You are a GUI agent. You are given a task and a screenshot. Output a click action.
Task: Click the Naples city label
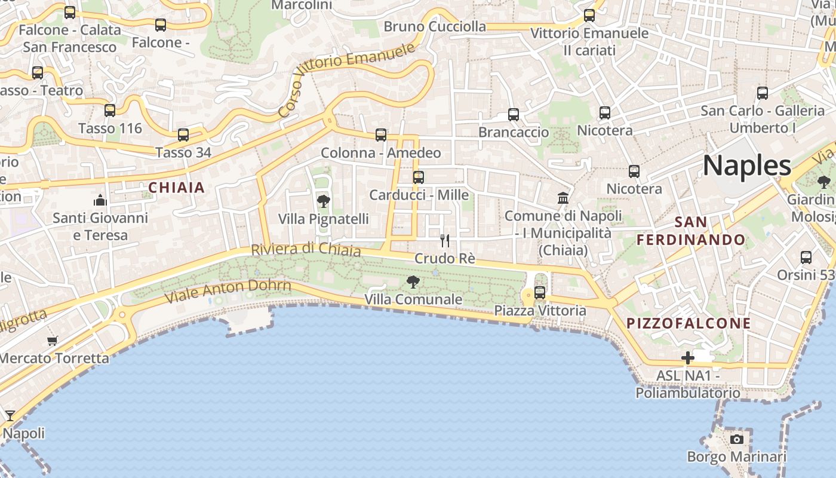746,166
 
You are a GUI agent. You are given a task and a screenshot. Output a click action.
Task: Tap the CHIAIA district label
177,188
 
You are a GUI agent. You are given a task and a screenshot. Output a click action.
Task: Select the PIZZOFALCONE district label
689,323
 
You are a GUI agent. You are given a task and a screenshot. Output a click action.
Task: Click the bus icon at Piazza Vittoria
540,293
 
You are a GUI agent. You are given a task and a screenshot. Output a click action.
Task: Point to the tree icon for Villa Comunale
413,281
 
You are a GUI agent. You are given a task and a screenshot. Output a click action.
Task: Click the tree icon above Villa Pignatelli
324,201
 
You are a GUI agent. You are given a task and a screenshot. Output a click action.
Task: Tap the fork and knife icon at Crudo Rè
445,241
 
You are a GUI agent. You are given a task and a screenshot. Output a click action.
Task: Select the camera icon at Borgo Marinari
737,439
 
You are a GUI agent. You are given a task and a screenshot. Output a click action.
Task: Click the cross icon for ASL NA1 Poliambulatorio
688,358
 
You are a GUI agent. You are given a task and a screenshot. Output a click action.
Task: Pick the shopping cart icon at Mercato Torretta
53,341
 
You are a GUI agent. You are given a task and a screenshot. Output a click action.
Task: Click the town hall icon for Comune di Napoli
563,198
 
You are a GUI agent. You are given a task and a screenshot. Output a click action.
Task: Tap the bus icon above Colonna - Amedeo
381,135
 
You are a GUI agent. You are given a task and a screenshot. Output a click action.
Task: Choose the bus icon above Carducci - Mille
419,177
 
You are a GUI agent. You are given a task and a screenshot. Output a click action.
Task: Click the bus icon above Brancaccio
514,115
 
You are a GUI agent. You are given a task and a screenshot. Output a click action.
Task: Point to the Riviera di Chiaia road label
306,249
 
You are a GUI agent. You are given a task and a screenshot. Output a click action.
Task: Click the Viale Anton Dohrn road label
228,290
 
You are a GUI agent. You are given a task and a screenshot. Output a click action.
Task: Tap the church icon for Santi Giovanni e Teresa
100,200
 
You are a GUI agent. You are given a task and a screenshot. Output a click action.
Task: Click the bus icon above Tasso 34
183,135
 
